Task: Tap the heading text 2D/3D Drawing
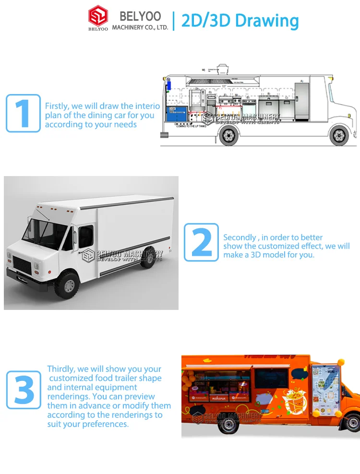click(240, 21)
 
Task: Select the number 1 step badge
click(23, 113)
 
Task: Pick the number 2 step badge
click(202, 242)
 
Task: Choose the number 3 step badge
click(23, 390)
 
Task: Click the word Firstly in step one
click(57, 106)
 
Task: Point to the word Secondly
click(240, 237)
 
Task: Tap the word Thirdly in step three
click(61, 369)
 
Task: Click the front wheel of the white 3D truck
click(66, 284)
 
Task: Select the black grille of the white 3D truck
click(21, 263)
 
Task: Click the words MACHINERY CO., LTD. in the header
click(140, 27)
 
